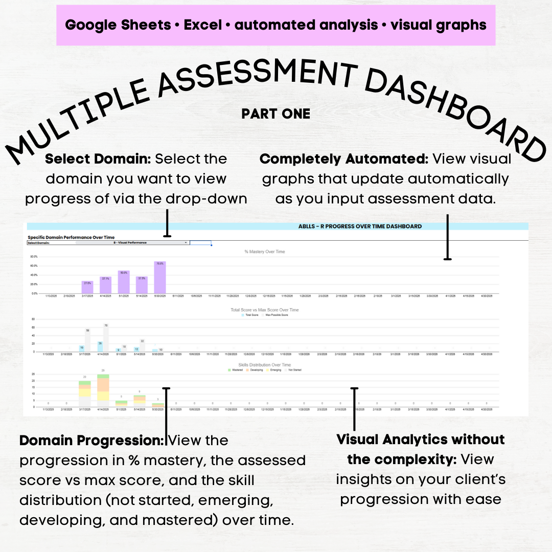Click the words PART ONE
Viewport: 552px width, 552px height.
pos(276,113)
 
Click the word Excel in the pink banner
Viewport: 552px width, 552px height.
pos(203,25)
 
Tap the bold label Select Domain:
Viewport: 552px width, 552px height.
pos(98,159)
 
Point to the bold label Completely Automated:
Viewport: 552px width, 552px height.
pos(343,159)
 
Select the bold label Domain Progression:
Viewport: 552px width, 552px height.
pos(91,440)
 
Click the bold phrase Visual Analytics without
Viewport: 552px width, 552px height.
pos(421,440)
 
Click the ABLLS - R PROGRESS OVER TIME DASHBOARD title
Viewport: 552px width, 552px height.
pos(360,226)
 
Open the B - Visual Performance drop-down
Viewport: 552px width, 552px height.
pos(133,243)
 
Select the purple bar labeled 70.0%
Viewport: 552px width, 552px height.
pos(160,278)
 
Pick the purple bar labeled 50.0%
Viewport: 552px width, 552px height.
pos(124,282)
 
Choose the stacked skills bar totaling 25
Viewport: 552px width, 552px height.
pos(103,388)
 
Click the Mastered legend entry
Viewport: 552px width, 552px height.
pos(237,370)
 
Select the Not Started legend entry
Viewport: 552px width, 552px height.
pos(293,370)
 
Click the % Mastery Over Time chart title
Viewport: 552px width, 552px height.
pos(265,251)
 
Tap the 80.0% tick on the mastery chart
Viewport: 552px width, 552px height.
pos(34,257)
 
